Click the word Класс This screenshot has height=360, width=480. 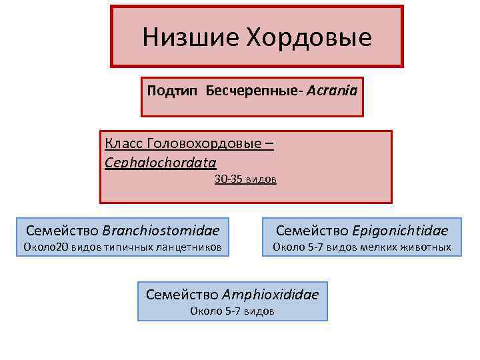[x=123, y=143]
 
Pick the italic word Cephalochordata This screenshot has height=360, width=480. [x=161, y=161]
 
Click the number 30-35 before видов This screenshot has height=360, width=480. [x=228, y=179]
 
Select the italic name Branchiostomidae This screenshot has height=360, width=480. [x=161, y=231]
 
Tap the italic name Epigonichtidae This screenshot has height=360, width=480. [x=400, y=231]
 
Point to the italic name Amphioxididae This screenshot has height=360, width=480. [x=271, y=294]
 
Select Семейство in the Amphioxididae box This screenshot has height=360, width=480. [x=181, y=294]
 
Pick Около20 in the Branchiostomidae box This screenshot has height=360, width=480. [x=46, y=248]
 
